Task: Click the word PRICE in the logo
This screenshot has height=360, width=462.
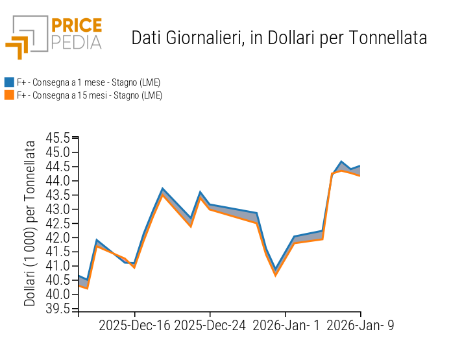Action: (77, 26)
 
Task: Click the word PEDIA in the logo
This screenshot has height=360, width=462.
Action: (77, 43)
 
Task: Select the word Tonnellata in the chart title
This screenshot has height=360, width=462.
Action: (388, 38)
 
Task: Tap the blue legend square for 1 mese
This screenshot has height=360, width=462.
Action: (9, 82)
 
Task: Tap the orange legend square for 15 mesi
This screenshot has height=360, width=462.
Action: (9, 95)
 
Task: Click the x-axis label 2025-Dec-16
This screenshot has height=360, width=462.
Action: (134, 326)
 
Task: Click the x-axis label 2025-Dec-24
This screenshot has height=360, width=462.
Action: (210, 326)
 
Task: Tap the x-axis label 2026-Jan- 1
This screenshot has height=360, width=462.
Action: (286, 326)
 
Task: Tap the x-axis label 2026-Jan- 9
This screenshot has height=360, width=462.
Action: (360, 326)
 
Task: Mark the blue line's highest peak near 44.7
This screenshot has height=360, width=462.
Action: (341, 162)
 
